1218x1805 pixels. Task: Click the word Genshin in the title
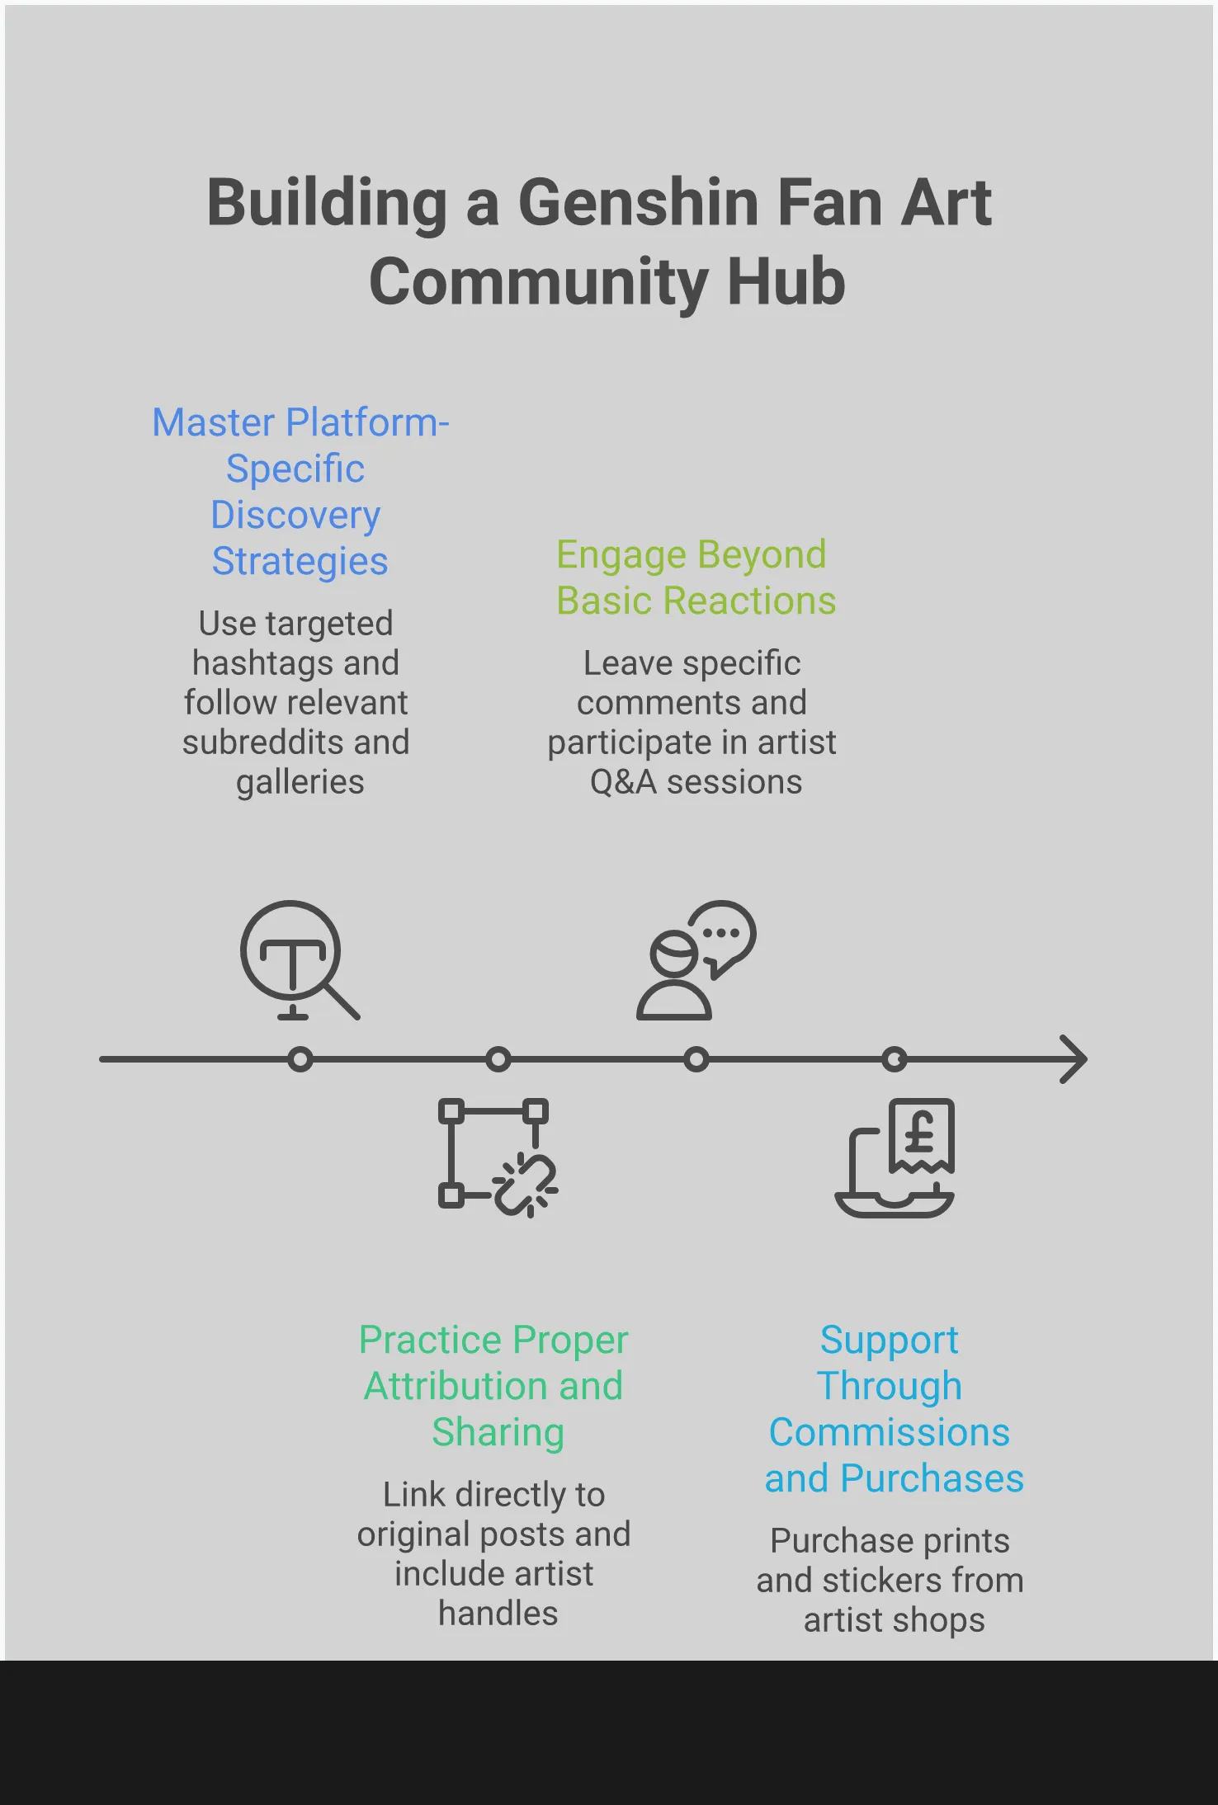point(638,203)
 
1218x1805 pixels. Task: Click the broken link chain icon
point(498,1157)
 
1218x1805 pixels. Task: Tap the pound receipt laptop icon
point(895,1157)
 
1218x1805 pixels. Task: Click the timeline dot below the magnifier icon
point(300,1059)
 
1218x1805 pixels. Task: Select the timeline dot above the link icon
point(498,1059)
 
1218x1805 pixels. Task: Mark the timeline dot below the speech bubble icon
point(696,1059)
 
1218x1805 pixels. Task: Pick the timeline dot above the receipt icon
point(894,1059)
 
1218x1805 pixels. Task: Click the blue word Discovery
point(295,516)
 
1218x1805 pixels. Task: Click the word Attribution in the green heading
point(456,1386)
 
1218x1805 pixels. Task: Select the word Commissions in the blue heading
point(889,1432)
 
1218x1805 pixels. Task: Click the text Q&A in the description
point(623,782)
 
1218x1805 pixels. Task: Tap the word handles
point(498,1613)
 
